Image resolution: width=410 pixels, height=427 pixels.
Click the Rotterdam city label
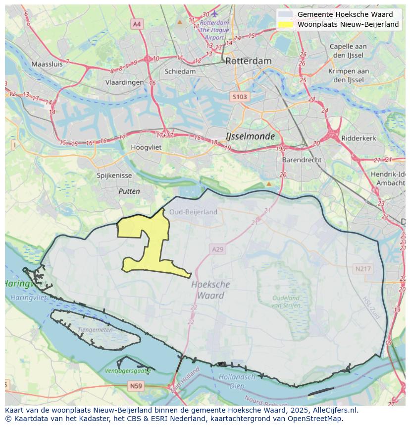point(248,61)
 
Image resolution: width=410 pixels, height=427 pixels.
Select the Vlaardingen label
point(124,83)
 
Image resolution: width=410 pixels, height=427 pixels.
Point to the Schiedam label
point(180,71)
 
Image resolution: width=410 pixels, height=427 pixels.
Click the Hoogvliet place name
point(147,147)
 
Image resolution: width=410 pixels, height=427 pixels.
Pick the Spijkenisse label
point(114,176)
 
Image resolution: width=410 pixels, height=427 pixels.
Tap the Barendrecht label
point(302,160)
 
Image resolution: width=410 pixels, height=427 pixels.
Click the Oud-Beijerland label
point(193,212)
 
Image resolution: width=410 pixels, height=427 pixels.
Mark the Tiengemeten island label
point(95,330)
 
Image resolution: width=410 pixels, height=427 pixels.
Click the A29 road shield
point(218,249)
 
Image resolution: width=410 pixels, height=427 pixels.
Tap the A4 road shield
point(137,24)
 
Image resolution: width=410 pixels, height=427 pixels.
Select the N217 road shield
point(362,269)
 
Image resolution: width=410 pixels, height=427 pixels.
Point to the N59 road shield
point(136,385)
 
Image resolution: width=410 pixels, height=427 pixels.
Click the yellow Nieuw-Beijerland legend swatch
point(285,24)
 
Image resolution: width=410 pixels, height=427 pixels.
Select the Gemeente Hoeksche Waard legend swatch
point(285,14)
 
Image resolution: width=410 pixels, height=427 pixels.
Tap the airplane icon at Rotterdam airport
point(214,13)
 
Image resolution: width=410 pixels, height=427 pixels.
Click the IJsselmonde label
point(250,136)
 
